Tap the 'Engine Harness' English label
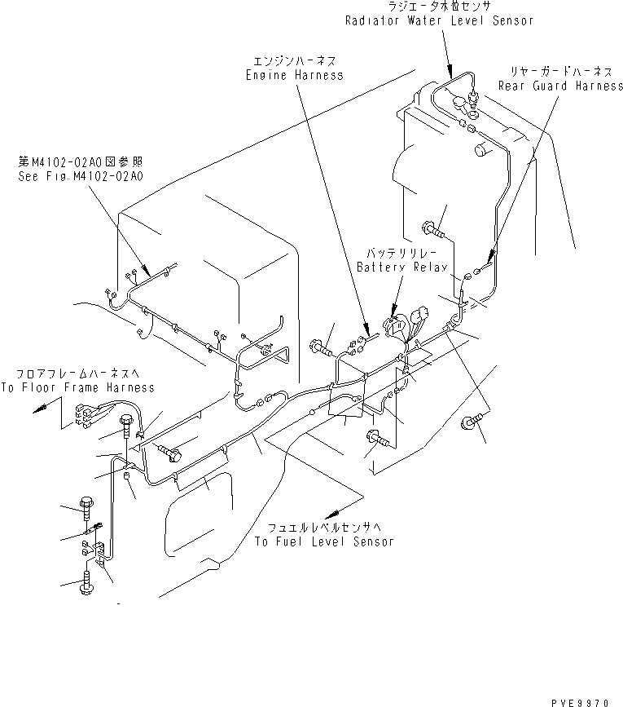[x=294, y=74]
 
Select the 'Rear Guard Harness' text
[x=560, y=86]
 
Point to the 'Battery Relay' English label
[x=397, y=267]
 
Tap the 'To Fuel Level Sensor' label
[x=323, y=541]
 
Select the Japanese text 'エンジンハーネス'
[x=294, y=61]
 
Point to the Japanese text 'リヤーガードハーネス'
[x=560, y=73]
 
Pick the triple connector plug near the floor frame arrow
[x=84, y=417]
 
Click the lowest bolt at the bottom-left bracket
[x=88, y=584]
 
